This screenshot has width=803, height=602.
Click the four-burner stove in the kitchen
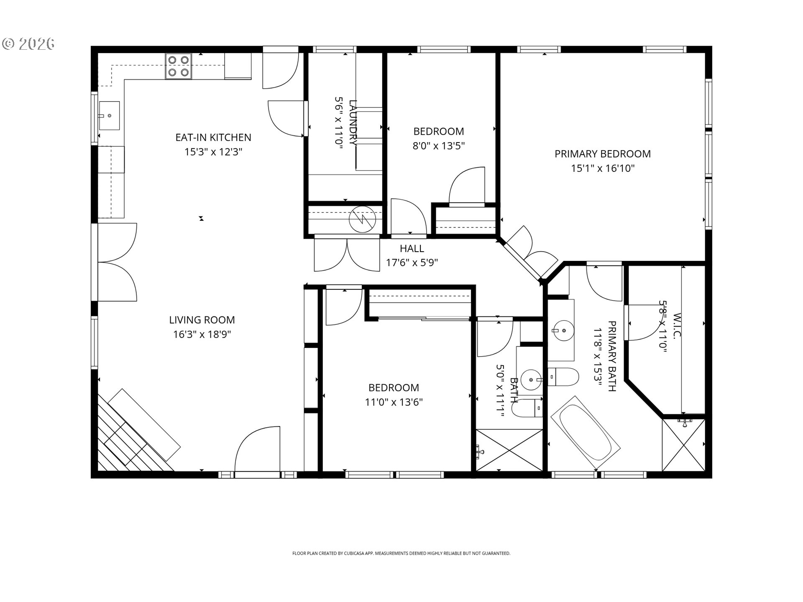coord(179,66)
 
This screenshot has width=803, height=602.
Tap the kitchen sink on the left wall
coord(109,115)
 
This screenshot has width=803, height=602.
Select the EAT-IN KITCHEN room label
coord(213,138)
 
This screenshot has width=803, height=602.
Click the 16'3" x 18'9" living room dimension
coord(202,334)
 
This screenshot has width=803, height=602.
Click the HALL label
coord(412,249)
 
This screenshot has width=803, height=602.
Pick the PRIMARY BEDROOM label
coord(602,154)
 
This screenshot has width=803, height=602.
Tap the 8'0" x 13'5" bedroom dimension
coord(439,146)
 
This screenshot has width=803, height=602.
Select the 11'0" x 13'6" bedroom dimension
coord(394,402)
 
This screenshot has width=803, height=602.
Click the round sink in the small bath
coord(531,380)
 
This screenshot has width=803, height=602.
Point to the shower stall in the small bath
coord(509,450)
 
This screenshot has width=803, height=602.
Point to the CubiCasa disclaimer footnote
coord(401,553)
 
